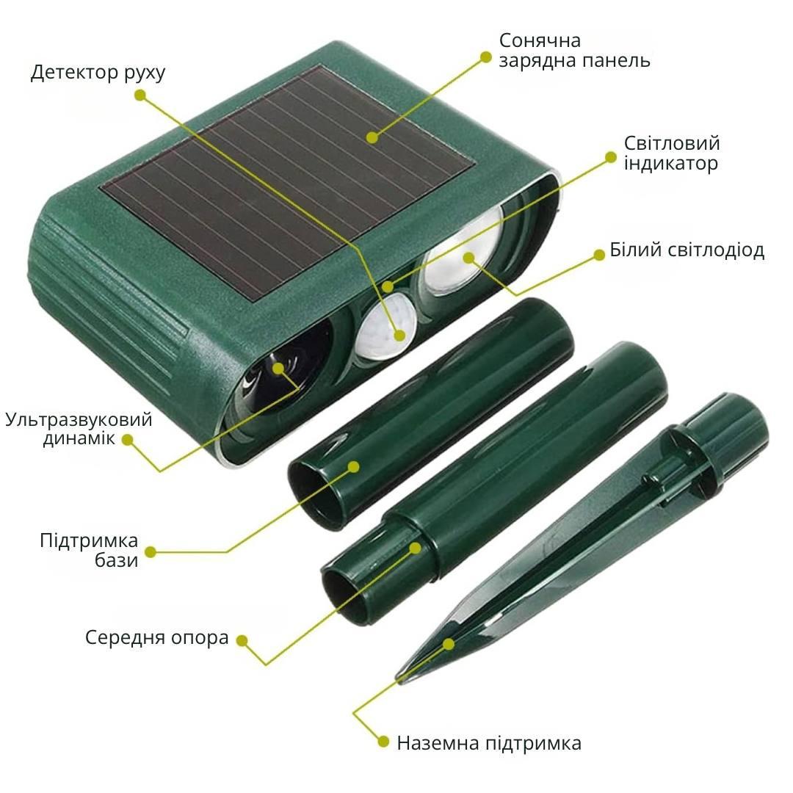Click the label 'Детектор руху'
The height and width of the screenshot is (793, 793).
98,72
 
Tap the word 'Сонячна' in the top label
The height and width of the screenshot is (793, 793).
540,40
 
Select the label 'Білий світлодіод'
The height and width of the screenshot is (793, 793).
687,250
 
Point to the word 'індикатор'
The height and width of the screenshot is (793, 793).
670,163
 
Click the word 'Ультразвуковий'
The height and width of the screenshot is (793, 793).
79,419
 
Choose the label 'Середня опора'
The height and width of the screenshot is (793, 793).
157,637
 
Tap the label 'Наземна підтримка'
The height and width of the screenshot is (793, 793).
489,743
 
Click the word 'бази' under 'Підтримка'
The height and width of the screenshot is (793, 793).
116,560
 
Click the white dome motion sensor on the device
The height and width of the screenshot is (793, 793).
385,327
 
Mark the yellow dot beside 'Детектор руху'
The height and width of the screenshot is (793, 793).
140,95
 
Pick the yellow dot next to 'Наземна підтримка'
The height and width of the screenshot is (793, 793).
383,742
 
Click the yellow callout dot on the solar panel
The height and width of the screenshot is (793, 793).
372,137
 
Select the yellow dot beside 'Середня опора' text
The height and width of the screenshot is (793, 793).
243,641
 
